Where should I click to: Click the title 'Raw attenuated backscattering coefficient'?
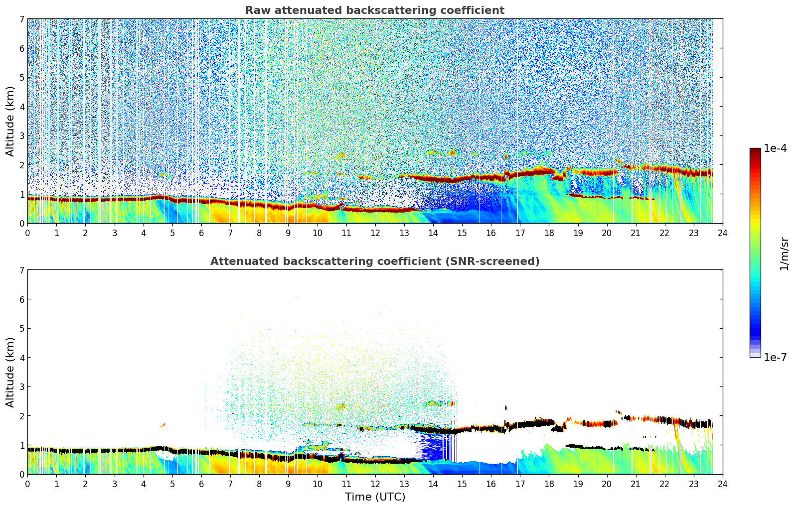tap(374, 10)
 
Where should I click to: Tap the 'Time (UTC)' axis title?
tap(375, 497)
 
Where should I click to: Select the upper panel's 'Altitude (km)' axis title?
tap(10, 121)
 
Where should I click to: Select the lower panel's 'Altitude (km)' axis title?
tap(10, 372)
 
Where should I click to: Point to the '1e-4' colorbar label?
tap(775, 148)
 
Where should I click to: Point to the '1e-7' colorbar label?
tap(775, 357)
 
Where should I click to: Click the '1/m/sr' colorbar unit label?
tap(784, 253)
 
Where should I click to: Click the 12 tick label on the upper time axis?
tap(375, 233)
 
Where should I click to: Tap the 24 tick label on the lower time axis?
tap(722, 484)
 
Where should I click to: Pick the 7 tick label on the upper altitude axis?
tap(22, 19)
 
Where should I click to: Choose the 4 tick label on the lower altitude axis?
tap(22, 358)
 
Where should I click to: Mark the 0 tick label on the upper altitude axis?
tap(22, 224)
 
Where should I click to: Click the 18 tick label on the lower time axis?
tap(549, 484)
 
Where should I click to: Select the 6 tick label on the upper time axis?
tap(201, 233)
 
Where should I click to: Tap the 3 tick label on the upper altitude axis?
tap(22, 136)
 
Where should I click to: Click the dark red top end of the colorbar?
tap(755, 151)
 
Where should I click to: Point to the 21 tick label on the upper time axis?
tap(636, 233)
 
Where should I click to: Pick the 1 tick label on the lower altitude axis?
tap(22, 445)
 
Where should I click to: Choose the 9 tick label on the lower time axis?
tap(288, 484)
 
